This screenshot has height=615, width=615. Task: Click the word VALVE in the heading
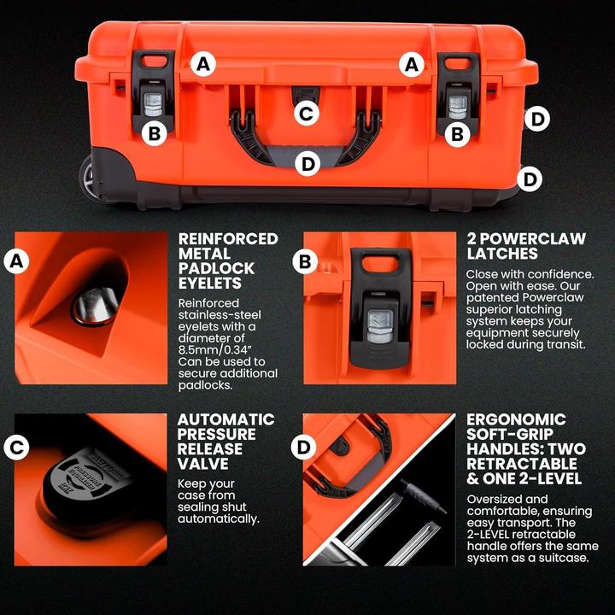[203, 464]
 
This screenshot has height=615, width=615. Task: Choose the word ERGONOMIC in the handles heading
[516, 419]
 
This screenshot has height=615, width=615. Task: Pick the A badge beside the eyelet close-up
[15, 262]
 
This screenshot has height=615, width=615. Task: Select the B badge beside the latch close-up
[305, 262]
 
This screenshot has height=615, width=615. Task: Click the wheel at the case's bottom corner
[90, 178]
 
